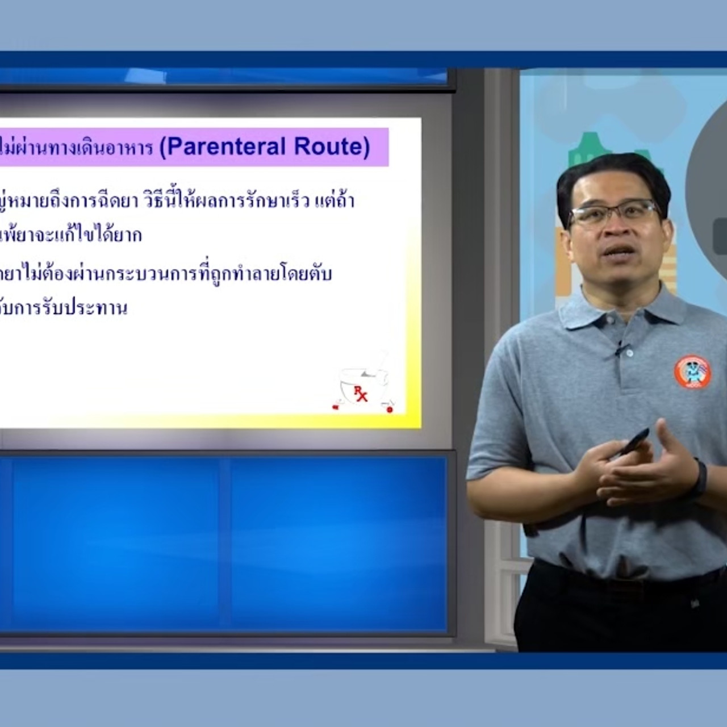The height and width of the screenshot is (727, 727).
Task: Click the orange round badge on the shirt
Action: point(692,372)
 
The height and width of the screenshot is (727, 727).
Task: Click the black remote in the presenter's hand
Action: point(633,441)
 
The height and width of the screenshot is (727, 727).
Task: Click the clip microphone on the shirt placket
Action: point(619,348)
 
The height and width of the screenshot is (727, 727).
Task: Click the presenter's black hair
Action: point(608,173)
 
